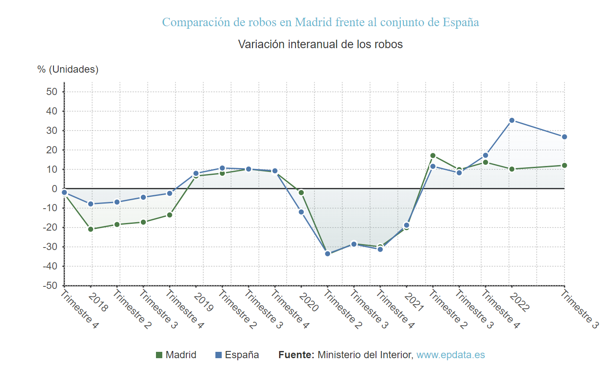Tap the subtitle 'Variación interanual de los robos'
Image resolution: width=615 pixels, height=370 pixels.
[x=320, y=44]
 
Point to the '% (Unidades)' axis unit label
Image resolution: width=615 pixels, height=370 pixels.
[x=68, y=69]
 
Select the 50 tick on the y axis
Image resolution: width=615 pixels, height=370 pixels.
[x=52, y=92]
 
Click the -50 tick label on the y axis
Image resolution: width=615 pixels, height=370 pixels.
[x=50, y=286]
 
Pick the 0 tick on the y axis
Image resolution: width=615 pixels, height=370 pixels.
[x=54, y=189]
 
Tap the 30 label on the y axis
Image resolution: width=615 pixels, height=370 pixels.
[x=52, y=131]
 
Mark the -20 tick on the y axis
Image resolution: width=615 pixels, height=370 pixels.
[x=50, y=227]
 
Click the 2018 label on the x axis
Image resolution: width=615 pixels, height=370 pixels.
[x=98, y=302]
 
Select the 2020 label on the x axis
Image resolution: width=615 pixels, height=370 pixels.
[x=309, y=302]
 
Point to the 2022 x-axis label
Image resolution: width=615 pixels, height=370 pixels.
[x=519, y=302]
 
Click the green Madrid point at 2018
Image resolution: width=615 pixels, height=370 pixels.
[x=91, y=229]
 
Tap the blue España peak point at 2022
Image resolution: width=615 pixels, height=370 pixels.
[x=512, y=120]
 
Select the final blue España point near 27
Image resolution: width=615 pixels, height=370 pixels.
[x=564, y=137]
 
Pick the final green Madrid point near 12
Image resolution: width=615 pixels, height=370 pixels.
[x=564, y=166]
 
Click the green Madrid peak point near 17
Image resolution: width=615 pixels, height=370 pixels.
[x=433, y=156]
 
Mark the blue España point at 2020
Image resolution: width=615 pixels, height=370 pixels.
[x=301, y=212]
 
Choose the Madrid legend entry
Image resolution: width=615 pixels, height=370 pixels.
[x=176, y=355]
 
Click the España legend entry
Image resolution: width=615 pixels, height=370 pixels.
[x=237, y=355]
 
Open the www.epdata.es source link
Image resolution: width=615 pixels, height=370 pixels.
[x=451, y=355]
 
